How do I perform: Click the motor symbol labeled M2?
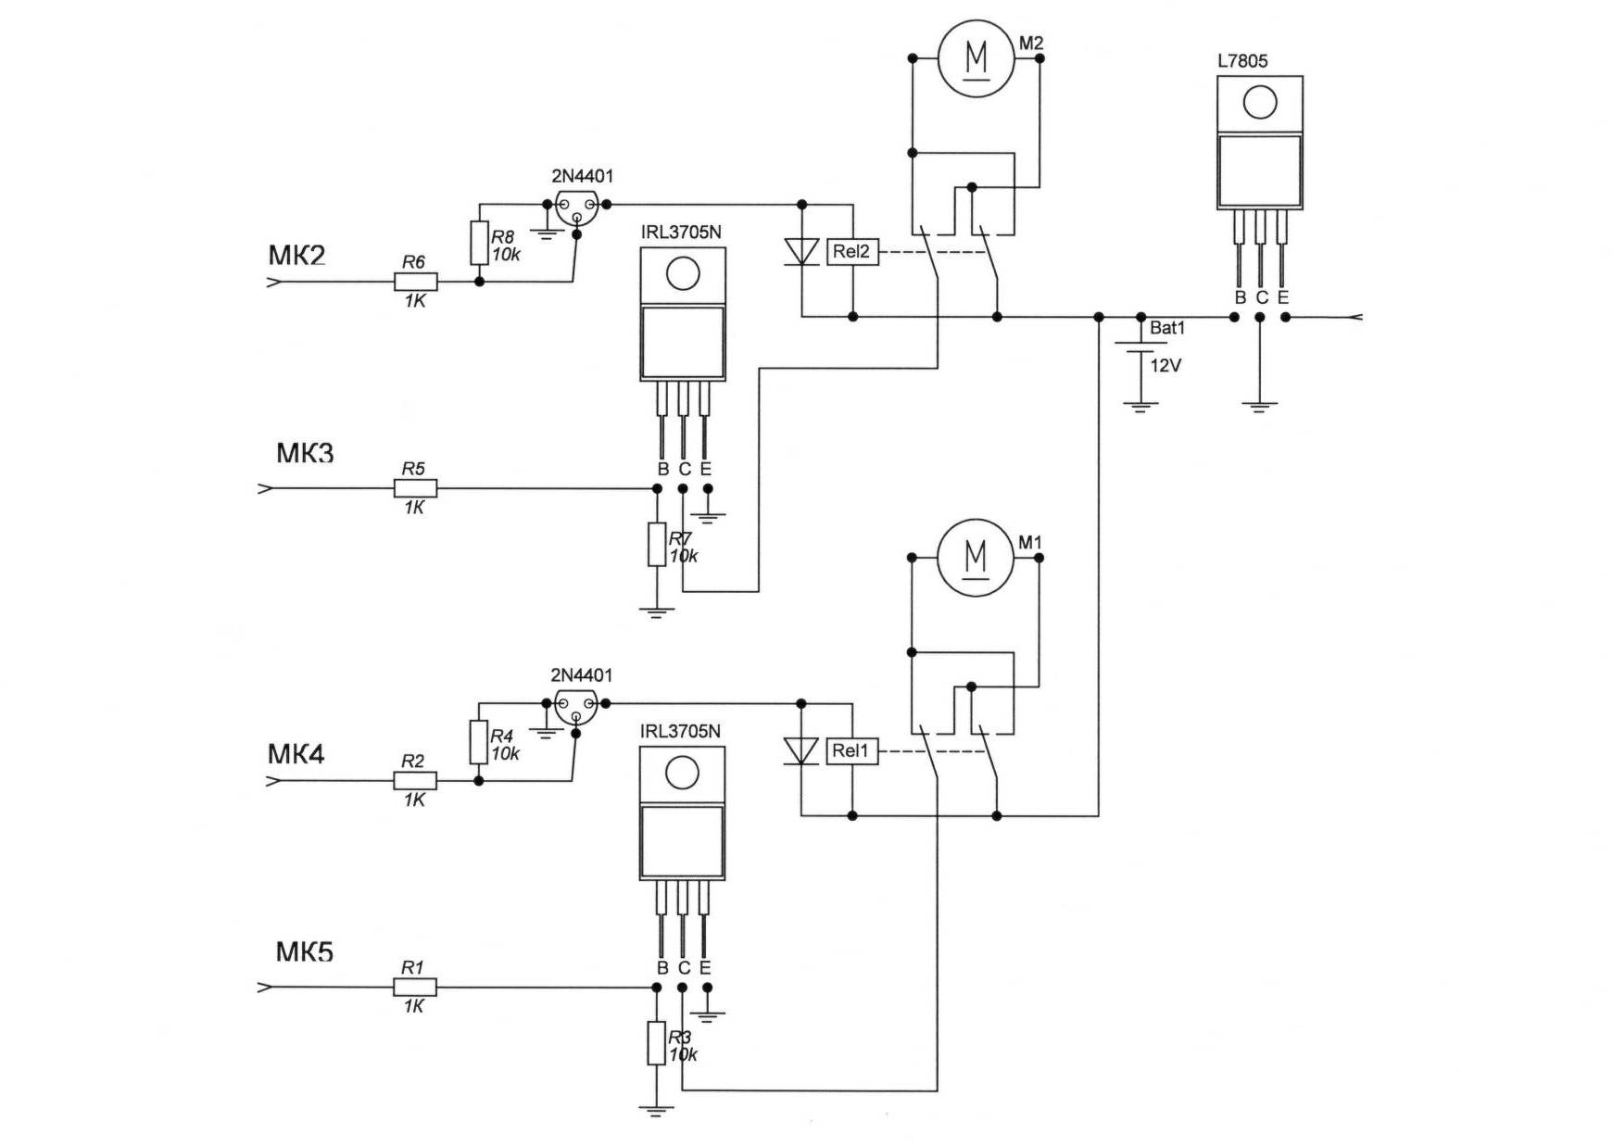(x=977, y=57)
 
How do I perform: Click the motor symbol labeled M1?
(x=976, y=557)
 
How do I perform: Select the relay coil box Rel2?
(x=851, y=251)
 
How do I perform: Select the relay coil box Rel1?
(x=851, y=750)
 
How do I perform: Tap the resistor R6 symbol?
(x=415, y=282)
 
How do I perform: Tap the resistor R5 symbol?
(x=415, y=488)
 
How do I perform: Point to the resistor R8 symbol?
(x=479, y=243)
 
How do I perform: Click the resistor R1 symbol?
(x=414, y=988)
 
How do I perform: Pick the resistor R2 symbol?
(x=414, y=781)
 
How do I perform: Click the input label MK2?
(x=297, y=255)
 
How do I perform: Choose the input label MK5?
(x=304, y=951)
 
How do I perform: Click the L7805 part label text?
(x=1242, y=61)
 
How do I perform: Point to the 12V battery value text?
(x=1166, y=366)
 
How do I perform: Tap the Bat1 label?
(x=1167, y=328)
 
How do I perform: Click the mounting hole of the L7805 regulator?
(x=1260, y=102)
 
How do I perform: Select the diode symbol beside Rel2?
(x=801, y=251)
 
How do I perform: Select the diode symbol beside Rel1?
(x=801, y=750)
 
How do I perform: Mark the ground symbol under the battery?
(x=1140, y=406)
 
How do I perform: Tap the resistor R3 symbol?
(x=656, y=1043)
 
